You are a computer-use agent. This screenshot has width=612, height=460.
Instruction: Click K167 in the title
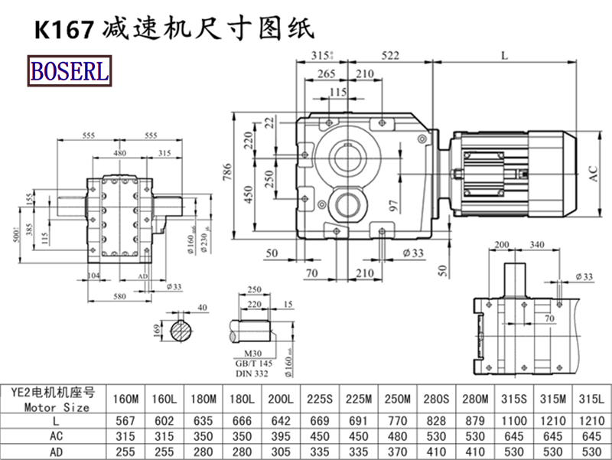pyautogui.click(x=62, y=29)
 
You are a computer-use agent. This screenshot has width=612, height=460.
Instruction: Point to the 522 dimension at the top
pyautogui.click(x=391, y=54)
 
